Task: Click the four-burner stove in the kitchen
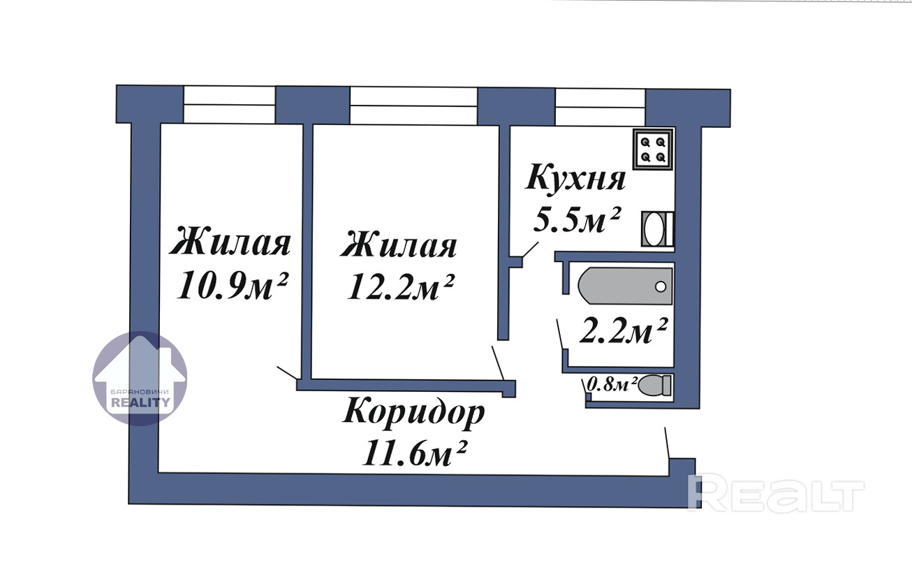pyautogui.click(x=653, y=149)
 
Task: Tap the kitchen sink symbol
pyautogui.click(x=657, y=228)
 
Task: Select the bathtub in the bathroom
pyautogui.click(x=625, y=286)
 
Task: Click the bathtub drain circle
pyautogui.click(x=661, y=286)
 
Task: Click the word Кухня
pyautogui.click(x=575, y=177)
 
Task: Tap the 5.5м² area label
pyautogui.click(x=577, y=219)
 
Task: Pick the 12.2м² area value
pyautogui.click(x=400, y=287)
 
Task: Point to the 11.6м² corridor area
pyautogui.click(x=413, y=453)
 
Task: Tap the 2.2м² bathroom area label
pyautogui.click(x=624, y=330)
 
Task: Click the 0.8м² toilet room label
pyautogui.click(x=610, y=384)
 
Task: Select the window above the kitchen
pyautogui.click(x=600, y=107)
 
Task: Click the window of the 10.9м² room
pyautogui.click(x=230, y=105)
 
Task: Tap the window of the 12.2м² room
pyautogui.click(x=413, y=106)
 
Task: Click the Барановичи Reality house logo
pyautogui.click(x=140, y=379)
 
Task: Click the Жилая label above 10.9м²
pyautogui.click(x=230, y=241)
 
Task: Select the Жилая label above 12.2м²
pyautogui.click(x=399, y=244)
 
